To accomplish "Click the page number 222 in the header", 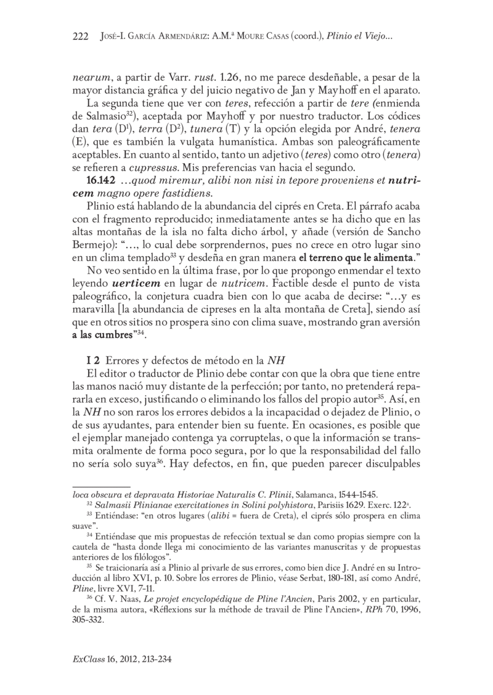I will pos(81,37).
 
